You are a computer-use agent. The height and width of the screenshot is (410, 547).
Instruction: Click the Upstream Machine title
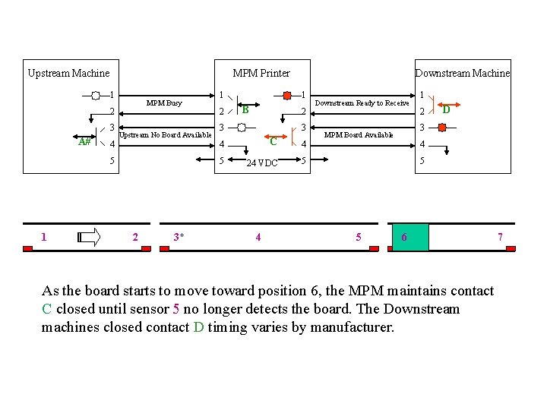point(68,74)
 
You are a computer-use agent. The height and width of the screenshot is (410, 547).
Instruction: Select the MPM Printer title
point(261,74)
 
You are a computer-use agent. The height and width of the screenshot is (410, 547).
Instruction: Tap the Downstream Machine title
point(463,74)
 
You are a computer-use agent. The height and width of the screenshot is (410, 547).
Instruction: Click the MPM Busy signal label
point(164,102)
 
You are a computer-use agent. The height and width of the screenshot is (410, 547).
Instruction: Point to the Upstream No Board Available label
point(166,134)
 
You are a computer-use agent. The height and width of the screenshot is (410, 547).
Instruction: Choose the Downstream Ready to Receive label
point(362,102)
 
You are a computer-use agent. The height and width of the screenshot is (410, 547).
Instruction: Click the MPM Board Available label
point(359,135)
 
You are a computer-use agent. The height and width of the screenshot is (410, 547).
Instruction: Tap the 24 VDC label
point(263,163)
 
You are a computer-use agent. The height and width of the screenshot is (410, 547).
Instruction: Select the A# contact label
point(85,142)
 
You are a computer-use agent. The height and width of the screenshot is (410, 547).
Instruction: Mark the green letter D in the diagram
point(447,110)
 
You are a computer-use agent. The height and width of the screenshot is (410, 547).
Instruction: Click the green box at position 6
point(410,237)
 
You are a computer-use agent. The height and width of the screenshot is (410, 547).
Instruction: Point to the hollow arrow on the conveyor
point(89,238)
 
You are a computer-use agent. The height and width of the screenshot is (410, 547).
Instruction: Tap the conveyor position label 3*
point(179,237)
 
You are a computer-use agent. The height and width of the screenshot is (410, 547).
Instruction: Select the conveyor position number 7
point(500,237)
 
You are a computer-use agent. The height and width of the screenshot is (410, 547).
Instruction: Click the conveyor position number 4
point(258,237)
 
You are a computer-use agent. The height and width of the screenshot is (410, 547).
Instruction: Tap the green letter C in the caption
point(47,309)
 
